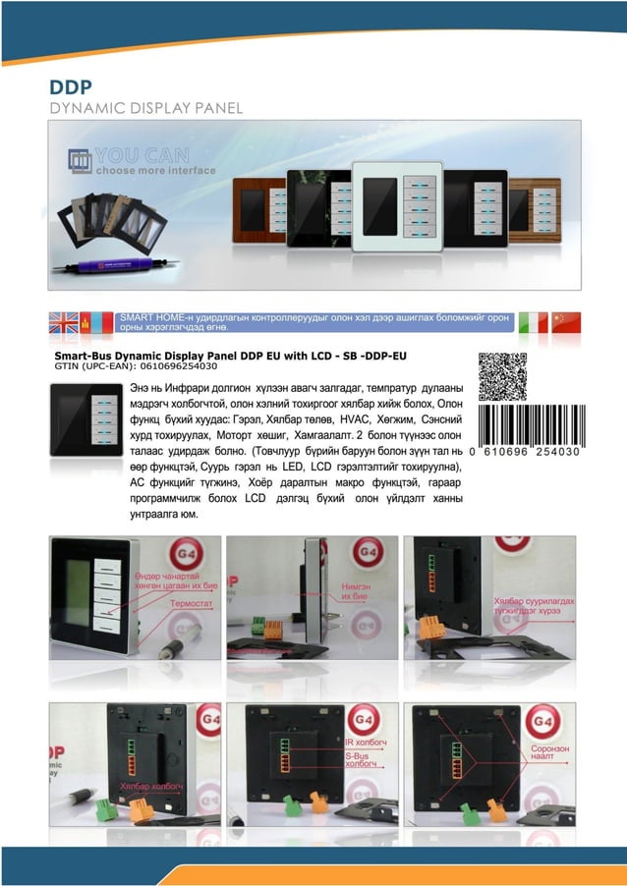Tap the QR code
point(502,377)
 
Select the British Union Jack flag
point(64,323)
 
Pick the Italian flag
point(533,323)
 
